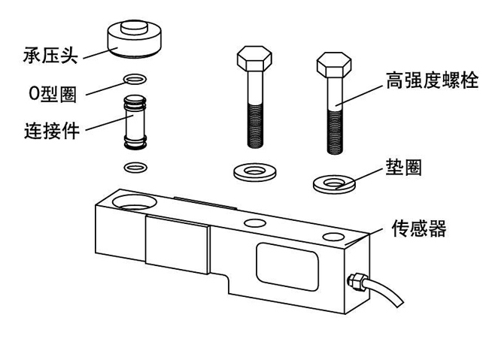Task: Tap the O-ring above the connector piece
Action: (135, 79)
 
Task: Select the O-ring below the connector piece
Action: (135, 165)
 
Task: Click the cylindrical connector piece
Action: (135, 122)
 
